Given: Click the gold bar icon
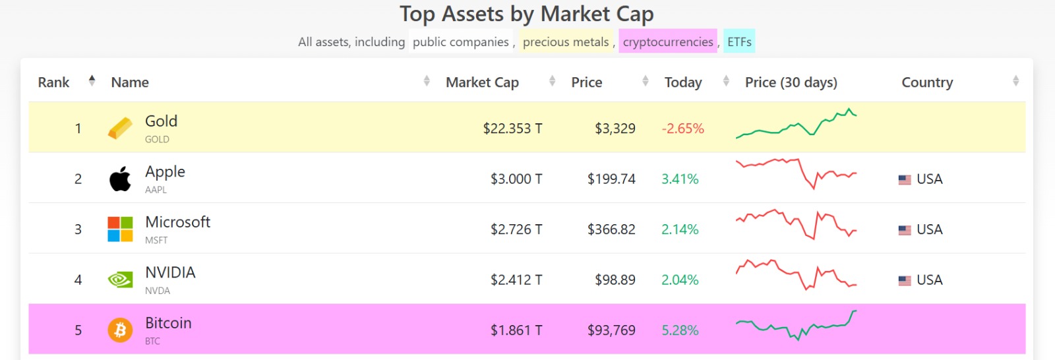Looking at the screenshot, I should tap(120, 129).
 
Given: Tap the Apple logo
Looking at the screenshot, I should tap(120, 179).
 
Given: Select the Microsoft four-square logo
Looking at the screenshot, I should tap(120, 229).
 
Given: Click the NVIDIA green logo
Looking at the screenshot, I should tap(120, 280).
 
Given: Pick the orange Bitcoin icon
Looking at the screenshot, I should tap(120, 330).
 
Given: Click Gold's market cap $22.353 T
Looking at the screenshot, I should tap(512, 129).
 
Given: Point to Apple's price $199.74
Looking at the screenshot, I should tap(611, 179).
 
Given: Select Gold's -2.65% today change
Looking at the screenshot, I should tap(682, 129).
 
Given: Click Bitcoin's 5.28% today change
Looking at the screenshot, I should tap(680, 330).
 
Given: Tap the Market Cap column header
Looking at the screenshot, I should tap(482, 82).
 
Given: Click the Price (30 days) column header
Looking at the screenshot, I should tap(791, 82).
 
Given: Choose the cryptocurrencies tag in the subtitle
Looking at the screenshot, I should tap(667, 42).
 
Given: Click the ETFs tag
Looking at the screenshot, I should tap(739, 42).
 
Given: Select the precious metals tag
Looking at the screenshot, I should tap(566, 42).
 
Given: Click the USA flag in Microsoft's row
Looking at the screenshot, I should tap(905, 230).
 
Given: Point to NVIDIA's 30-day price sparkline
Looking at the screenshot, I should tap(796, 275).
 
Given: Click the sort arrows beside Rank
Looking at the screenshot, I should tap(92, 81).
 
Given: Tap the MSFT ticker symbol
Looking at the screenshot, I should tap(156, 241).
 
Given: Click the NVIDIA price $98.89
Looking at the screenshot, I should tap(615, 280).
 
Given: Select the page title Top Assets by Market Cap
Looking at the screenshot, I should tap(526, 14).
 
